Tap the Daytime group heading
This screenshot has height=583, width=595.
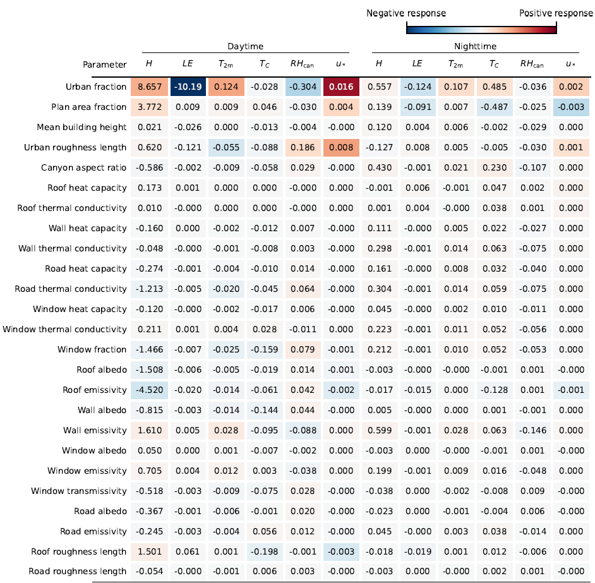click(245, 47)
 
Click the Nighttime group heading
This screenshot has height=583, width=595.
click(475, 47)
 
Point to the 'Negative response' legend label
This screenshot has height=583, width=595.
click(406, 13)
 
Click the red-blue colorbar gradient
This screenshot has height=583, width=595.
click(481, 28)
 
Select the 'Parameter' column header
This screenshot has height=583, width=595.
click(104, 64)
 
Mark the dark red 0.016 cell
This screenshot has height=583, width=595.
click(340, 87)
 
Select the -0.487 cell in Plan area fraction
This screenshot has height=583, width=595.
click(494, 107)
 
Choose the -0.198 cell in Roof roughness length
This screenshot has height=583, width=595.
click(264, 551)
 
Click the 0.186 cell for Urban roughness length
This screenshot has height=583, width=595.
click(302, 147)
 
